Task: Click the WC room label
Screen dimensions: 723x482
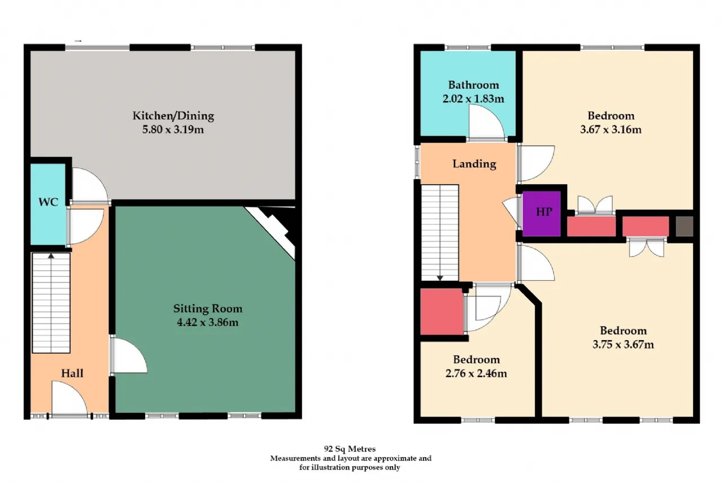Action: [x=48, y=202]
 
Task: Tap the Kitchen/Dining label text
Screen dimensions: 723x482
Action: [x=173, y=116]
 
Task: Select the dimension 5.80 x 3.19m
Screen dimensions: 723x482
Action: [x=173, y=129]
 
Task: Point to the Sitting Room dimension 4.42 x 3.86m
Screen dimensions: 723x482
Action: [x=207, y=322]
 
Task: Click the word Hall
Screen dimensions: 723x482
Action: [x=72, y=373]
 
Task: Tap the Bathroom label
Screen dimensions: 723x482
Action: [x=473, y=85]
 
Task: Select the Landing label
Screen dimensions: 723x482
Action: [x=474, y=164]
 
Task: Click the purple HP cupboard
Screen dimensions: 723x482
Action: [x=541, y=214]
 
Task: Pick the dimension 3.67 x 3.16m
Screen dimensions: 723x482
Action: [x=611, y=129]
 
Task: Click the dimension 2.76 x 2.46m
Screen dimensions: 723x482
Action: [x=476, y=374]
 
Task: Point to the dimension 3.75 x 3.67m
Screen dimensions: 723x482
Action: [x=623, y=345]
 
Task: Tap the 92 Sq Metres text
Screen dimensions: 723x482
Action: [x=350, y=449]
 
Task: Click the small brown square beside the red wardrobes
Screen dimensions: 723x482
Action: [x=684, y=226]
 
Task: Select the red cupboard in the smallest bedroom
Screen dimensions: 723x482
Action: [x=442, y=311]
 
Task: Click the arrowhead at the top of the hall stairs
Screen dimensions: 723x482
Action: [x=51, y=256]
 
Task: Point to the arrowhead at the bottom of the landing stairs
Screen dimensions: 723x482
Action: [x=439, y=278]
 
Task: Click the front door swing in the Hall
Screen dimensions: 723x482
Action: [x=69, y=397]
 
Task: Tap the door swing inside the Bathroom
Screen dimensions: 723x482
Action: [x=486, y=123]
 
